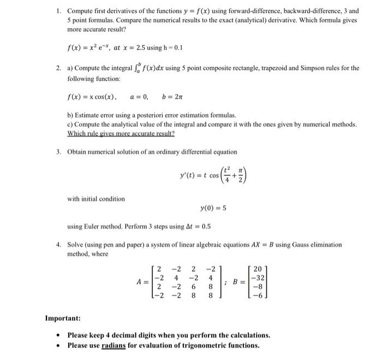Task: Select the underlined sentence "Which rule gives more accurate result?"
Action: tap(121, 134)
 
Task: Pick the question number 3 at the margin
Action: tap(57, 151)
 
